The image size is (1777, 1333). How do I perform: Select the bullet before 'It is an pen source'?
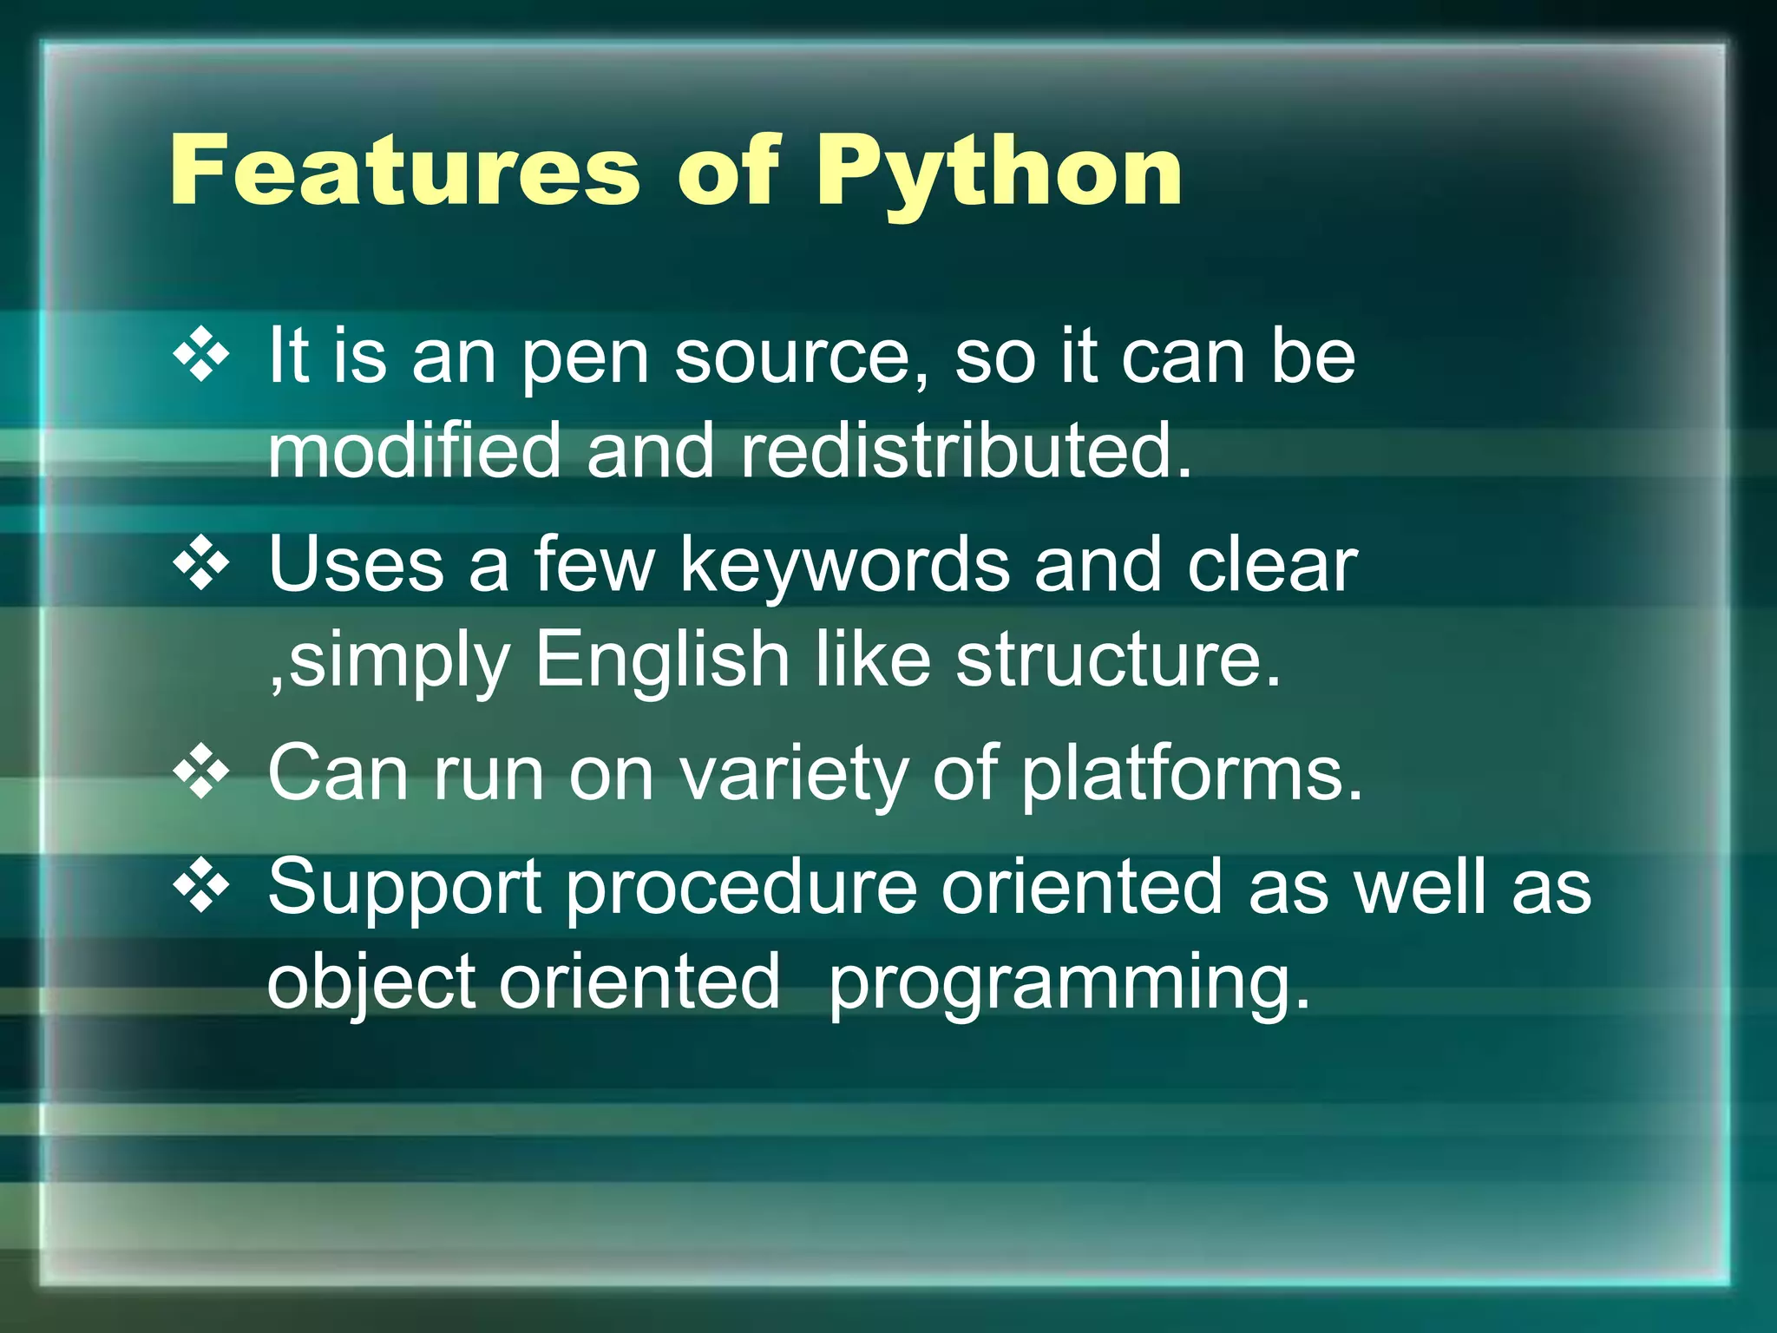click(201, 355)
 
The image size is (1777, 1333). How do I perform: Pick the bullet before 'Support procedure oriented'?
click(201, 886)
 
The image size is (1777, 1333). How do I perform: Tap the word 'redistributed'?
click(966, 450)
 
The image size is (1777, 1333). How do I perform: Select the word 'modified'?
click(415, 450)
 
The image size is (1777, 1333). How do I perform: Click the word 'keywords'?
click(844, 565)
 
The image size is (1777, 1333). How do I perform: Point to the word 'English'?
click(661, 660)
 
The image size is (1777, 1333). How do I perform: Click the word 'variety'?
click(793, 775)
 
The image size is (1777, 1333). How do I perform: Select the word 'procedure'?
click(742, 889)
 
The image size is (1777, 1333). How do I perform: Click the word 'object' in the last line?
click(371, 983)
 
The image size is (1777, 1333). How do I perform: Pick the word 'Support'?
click(405, 889)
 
